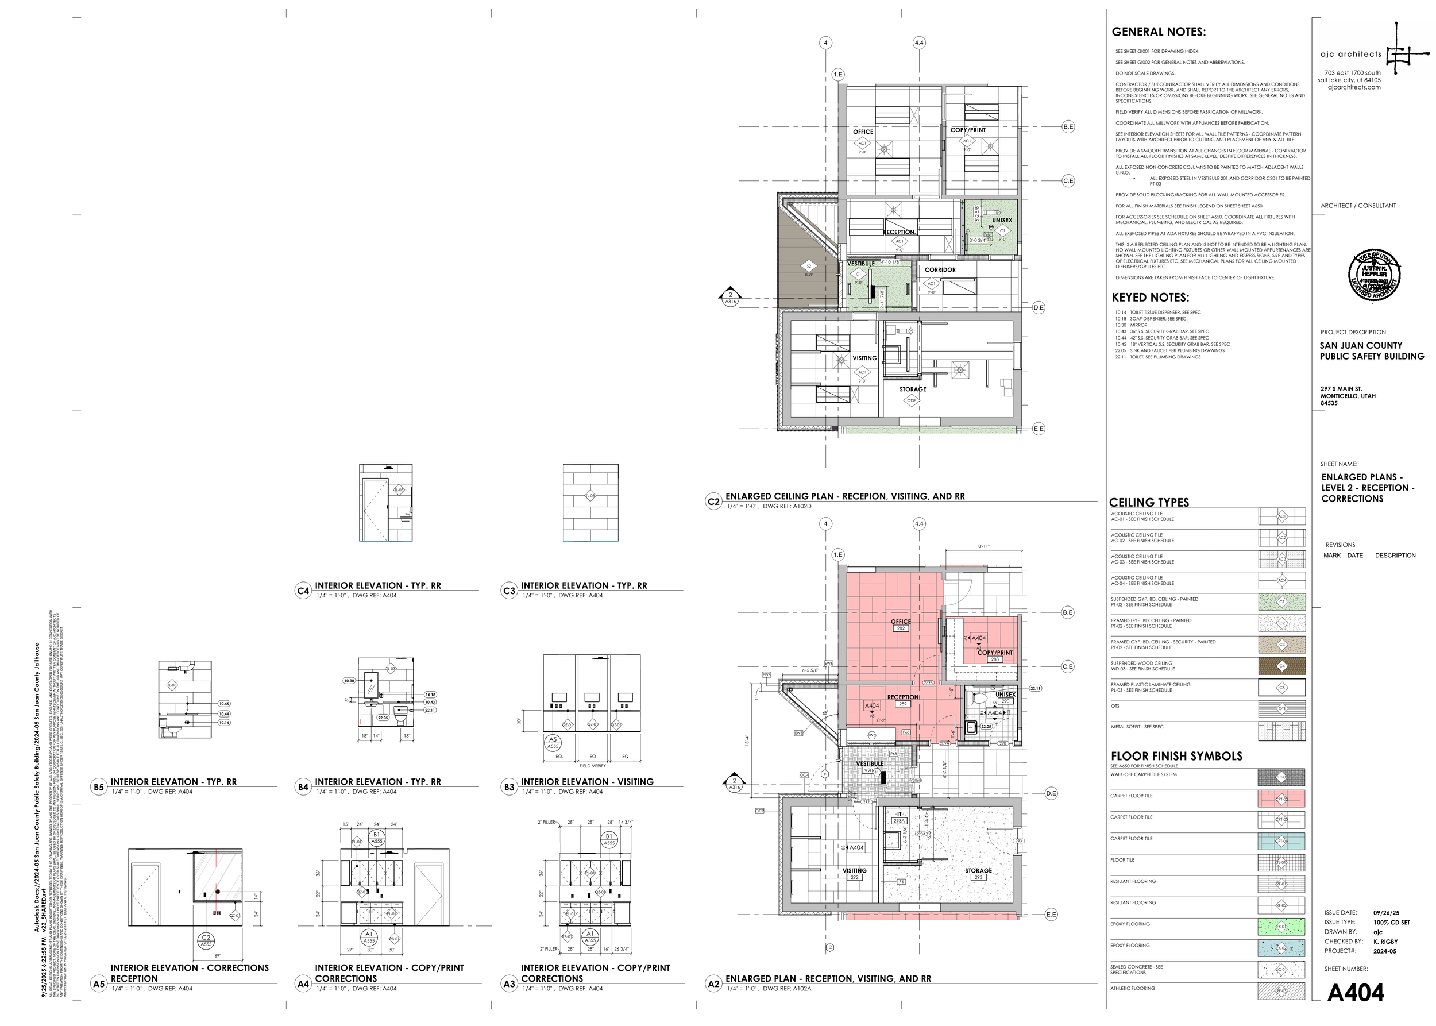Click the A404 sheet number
pos(1355,993)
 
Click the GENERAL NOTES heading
pos(1158,32)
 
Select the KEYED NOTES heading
pos(1150,298)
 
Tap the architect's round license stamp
pos(1374,276)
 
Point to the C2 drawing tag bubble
pos(713,502)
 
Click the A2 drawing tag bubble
pos(713,983)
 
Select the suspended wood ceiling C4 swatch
pos(1281,666)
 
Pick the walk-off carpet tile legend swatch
pos(1281,777)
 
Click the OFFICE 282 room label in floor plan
pos(901,625)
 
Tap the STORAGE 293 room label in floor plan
pos(978,874)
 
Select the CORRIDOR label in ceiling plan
pos(940,270)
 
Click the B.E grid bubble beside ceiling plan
pos(1068,127)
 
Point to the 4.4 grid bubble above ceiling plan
pos(918,43)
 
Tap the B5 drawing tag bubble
pos(99,787)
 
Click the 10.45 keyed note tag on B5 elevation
pos(223,704)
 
